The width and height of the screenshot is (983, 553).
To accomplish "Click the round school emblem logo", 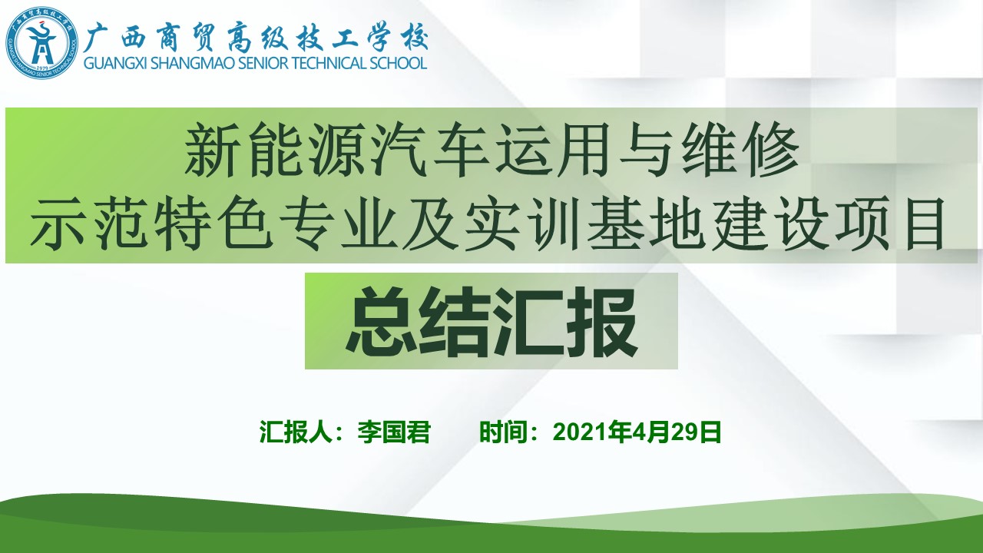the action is (41, 42).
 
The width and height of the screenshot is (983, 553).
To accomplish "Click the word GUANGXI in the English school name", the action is (115, 63).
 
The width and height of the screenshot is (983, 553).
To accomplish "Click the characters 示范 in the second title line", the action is (89, 223).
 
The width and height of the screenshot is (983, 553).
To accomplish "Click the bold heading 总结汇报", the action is (491, 322).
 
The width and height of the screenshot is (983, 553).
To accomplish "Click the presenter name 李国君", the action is (394, 432).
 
